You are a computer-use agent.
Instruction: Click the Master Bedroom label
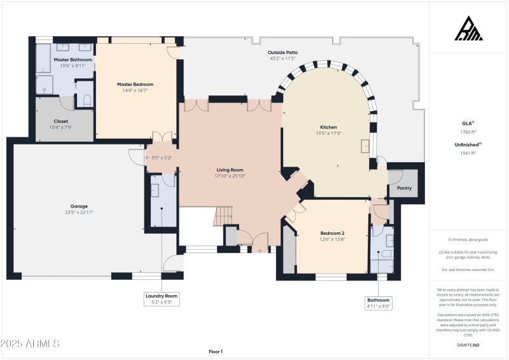pyautogui.click(x=135, y=84)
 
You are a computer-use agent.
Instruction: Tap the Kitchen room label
pyautogui.click(x=328, y=127)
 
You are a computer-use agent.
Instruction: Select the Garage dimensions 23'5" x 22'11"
pyautogui.click(x=74, y=213)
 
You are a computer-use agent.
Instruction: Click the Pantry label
pyautogui.click(x=403, y=188)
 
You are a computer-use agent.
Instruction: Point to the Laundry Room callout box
pyautogui.click(x=162, y=299)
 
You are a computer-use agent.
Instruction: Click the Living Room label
pyautogui.click(x=230, y=170)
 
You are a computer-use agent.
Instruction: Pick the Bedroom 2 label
pyautogui.click(x=331, y=233)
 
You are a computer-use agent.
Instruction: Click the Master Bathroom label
pyautogui.click(x=73, y=59)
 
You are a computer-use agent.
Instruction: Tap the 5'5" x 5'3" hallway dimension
pyautogui.click(x=161, y=158)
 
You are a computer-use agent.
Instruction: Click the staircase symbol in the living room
pyautogui.click(x=223, y=218)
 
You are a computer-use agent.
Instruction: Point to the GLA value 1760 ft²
pyautogui.click(x=468, y=132)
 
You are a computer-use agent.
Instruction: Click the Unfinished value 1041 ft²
pyautogui.click(x=468, y=153)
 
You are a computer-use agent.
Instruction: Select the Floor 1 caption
pyautogui.click(x=216, y=351)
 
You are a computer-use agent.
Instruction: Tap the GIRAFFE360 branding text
pyautogui.click(x=468, y=345)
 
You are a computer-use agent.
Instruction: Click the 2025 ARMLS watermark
pyautogui.click(x=30, y=343)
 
